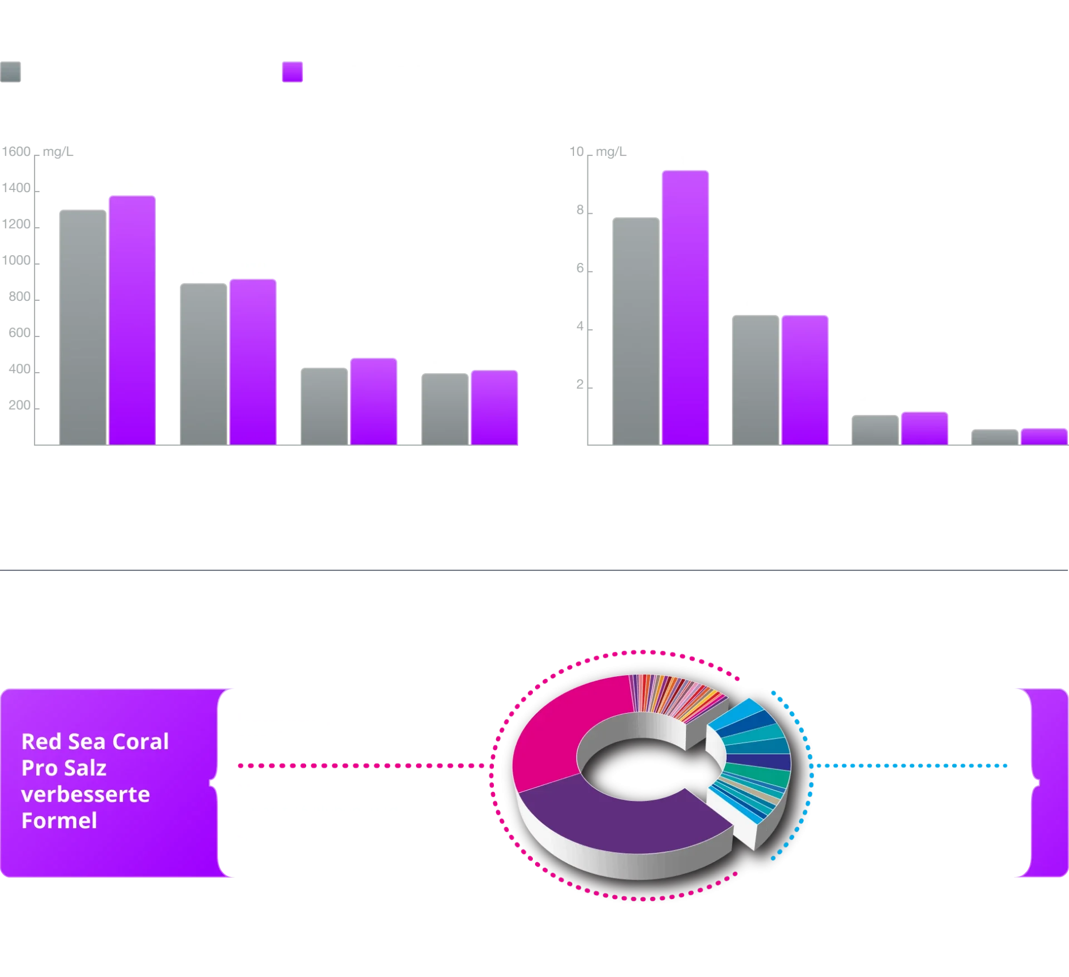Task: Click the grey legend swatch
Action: (x=11, y=72)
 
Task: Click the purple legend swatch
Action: (x=293, y=72)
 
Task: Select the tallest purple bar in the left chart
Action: (x=132, y=320)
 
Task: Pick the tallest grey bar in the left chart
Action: (x=82, y=327)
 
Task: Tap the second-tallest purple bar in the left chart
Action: (x=253, y=362)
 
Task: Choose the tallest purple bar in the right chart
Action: (x=685, y=307)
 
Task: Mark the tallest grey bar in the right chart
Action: (x=635, y=330)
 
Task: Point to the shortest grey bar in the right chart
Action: (x=994, y=437)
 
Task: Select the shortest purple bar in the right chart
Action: (x=1043, y=436)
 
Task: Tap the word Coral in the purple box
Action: (x=141, y=742)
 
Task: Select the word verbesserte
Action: (x=85, y=794)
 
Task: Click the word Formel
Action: (x=59, y=820)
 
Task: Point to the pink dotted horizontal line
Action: (x=362, y=766)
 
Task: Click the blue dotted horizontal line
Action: (x=913, y=766)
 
